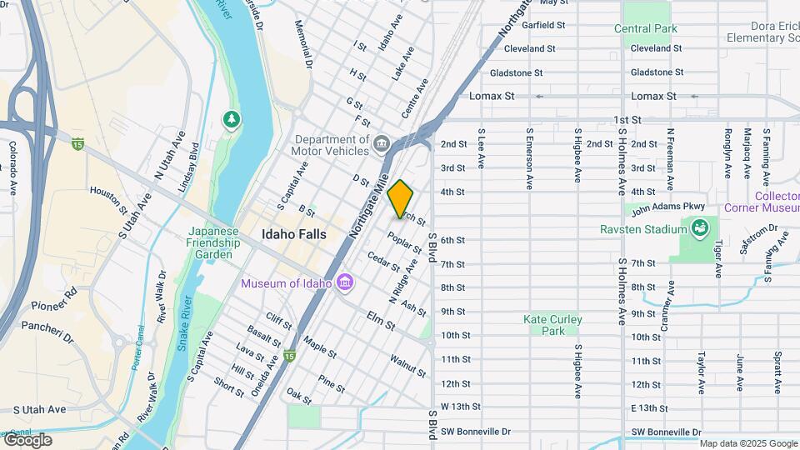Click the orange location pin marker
coord(401,198)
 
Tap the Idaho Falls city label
coord(293,235)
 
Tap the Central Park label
coord(646,28)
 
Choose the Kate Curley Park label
coord(552,325)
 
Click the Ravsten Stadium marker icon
coord(700,227)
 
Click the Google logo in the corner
coord(27,440)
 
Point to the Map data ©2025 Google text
coord(747,443)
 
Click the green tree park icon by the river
coord(231,121)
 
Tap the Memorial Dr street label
coord(302,44)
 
